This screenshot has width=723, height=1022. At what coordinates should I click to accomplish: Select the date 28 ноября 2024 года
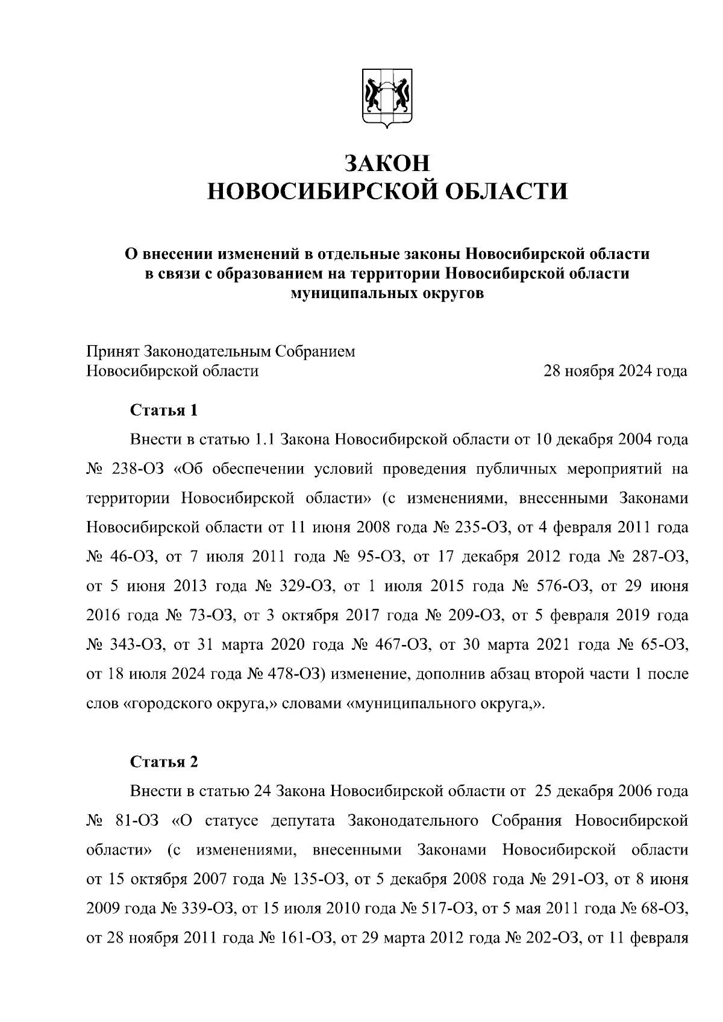click(615, 371)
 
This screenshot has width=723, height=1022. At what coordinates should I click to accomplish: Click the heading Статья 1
click(164, 411)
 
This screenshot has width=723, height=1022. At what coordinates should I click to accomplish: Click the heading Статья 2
click(164, 762)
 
